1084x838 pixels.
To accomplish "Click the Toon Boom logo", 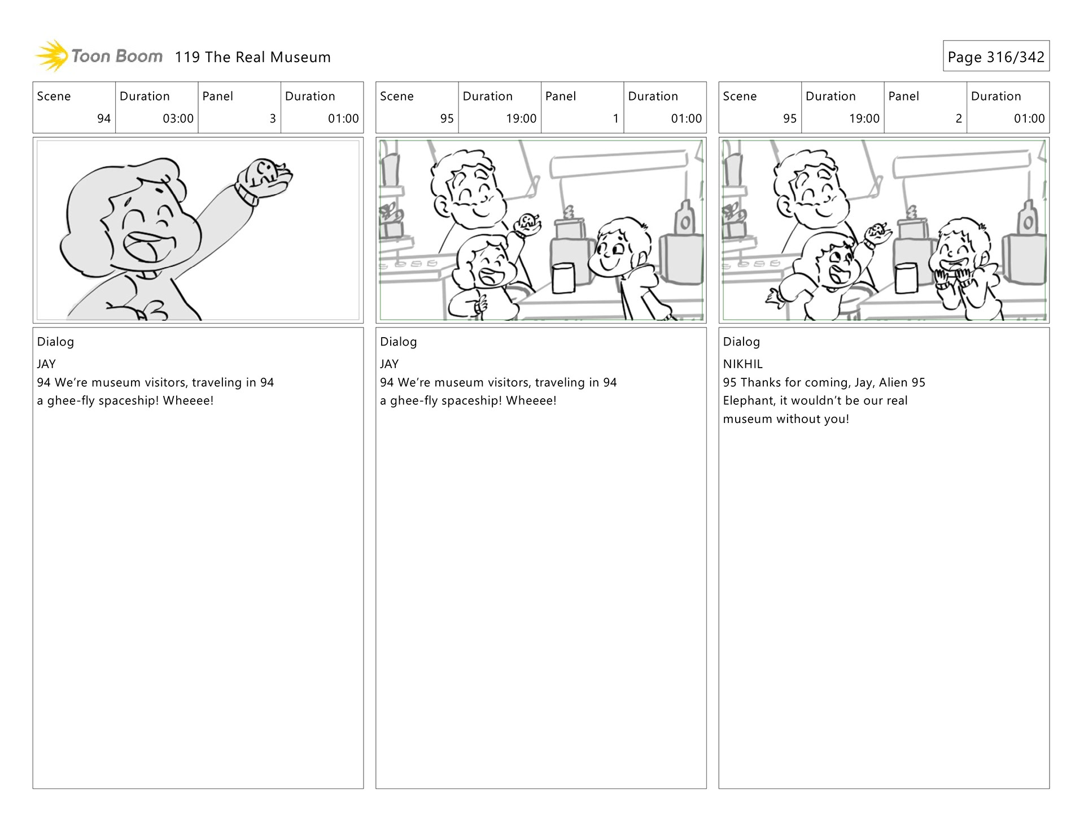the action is [x=99, y=56].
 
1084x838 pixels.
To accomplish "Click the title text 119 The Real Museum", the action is [x=252, y=57].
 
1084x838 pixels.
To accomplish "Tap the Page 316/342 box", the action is [x=996, y=56].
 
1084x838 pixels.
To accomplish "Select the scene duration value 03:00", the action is [x=178, y=119].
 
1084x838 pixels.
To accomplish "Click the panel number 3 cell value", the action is [x=273, y=119].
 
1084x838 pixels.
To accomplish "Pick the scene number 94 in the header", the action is [x=104, y=119].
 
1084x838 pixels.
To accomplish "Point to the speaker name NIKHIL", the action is [x=742, y=364].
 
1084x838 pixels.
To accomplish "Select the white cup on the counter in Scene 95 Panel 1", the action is [x=563, y=278].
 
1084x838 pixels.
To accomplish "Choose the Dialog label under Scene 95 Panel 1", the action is [x=398, y=342].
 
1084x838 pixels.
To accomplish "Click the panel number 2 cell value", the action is [x=958, y=119].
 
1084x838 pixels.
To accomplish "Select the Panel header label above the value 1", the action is [x=561, y=96].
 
